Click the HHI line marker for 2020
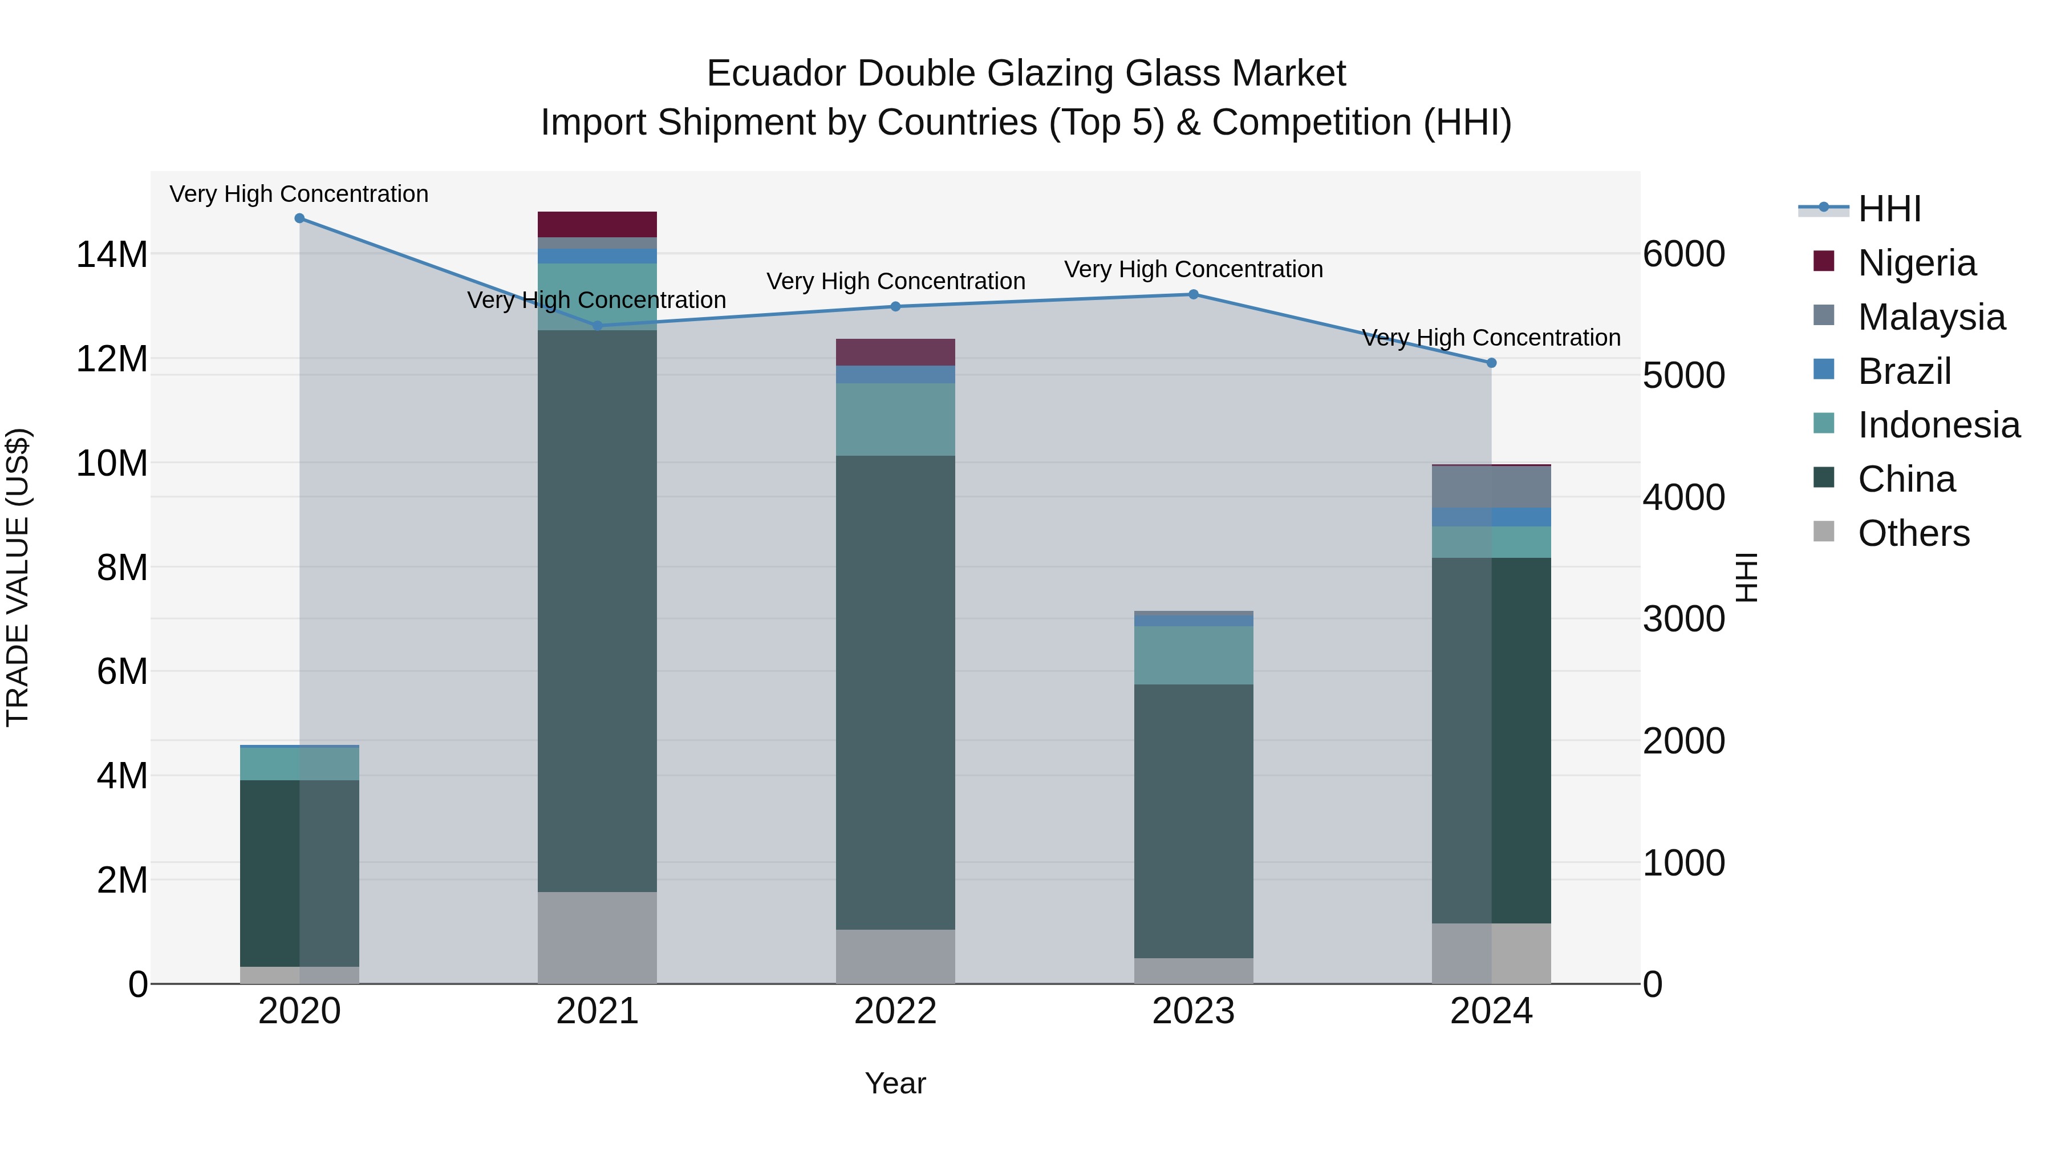click(299, 218)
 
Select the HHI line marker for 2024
click(1491, 363)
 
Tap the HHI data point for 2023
click(1193, 294)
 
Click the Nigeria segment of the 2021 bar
click(597, 224)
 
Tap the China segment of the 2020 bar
click(299, 873)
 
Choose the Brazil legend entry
click(1904, 371)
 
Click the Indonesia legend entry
click(1938, 425)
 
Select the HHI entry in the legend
click(1889, 209)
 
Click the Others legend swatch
click(1824, 532)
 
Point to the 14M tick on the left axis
click(112, 255)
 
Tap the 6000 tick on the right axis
click(1683, 254)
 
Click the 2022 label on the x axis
click(895, 1011)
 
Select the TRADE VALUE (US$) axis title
click(18, 577)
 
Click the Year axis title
click(895, 1083)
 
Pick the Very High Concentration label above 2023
click(1193, 269)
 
